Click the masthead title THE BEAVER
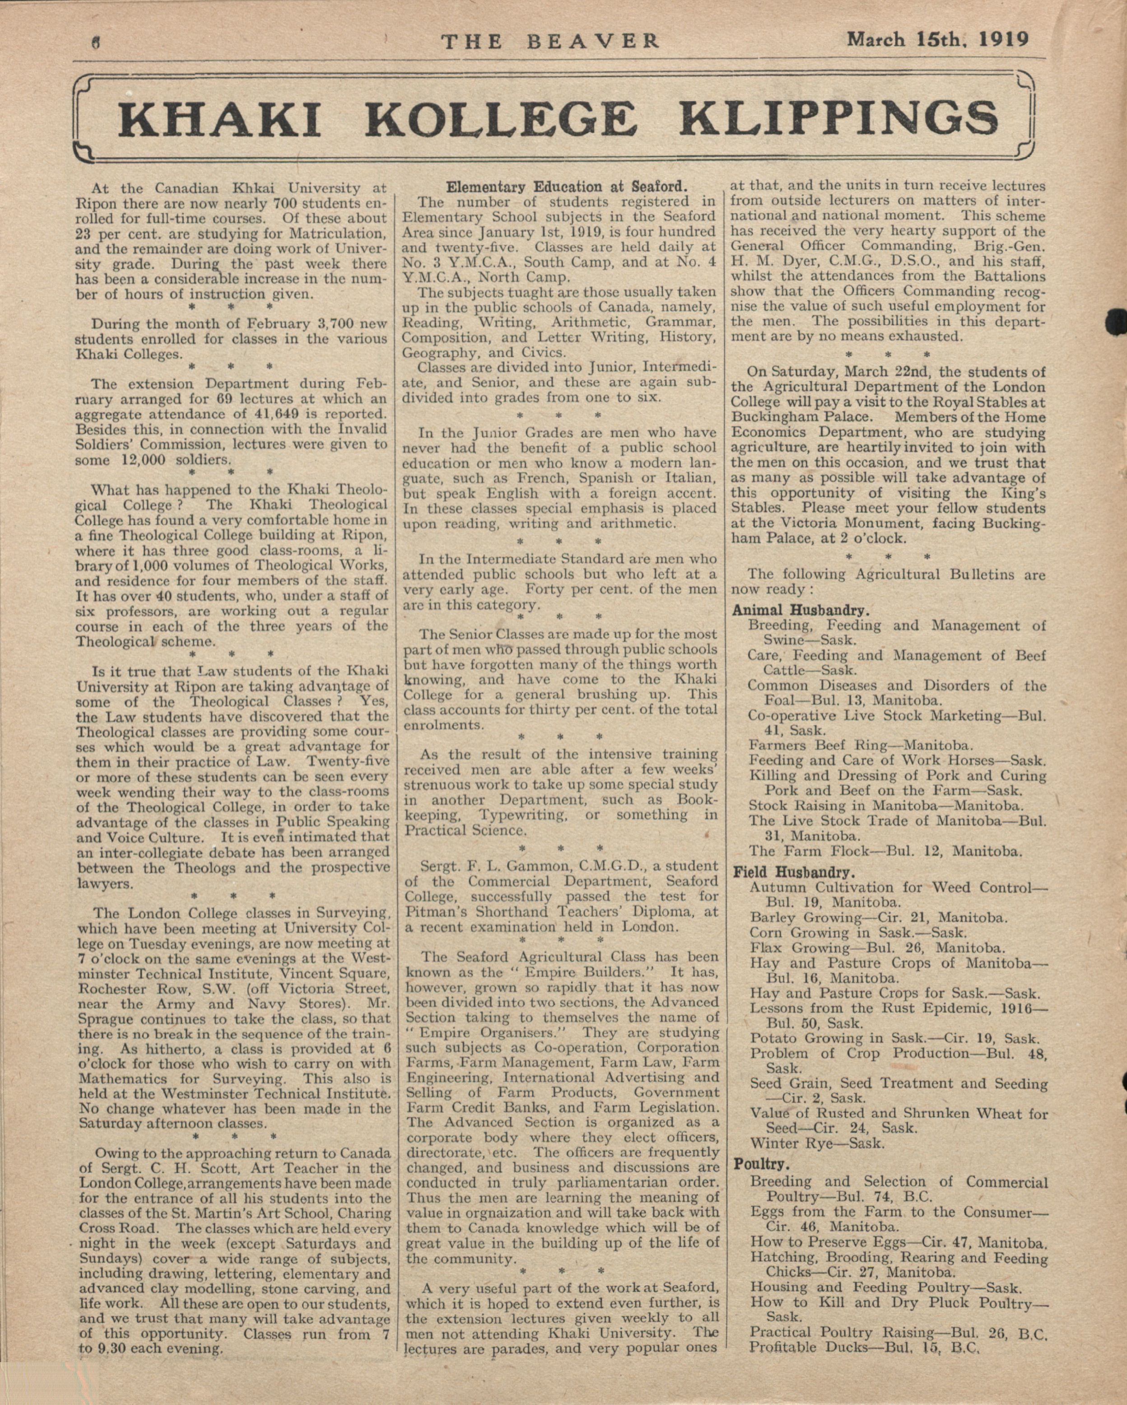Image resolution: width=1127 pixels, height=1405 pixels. coord(550,42)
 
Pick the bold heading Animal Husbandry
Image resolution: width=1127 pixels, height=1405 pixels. coord(800,611)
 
